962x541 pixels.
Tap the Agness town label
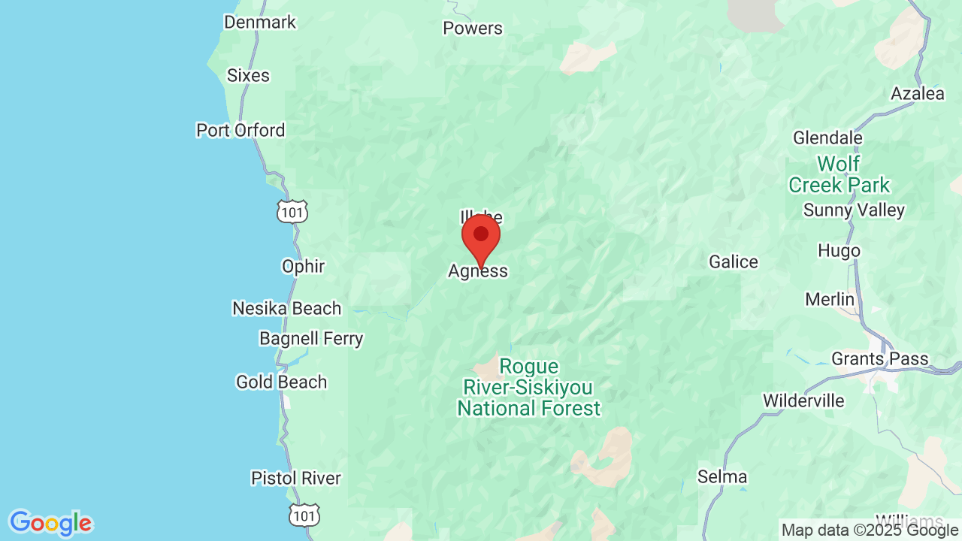tap(478, 271)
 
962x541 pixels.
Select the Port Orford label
tap(240, 130)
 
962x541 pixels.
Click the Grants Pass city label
tap(879, 358)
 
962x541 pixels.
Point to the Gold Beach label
tap(281, 382)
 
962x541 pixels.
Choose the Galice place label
tap(733, 261)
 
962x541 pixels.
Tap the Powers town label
tap(472, 28)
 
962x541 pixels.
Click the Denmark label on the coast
tap(260, 22)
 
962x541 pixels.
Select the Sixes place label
tap(248, 75)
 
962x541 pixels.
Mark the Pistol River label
tap(295, 478)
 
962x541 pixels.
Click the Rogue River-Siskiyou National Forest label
tap(529, 388)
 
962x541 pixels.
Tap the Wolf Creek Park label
tap(838, 174)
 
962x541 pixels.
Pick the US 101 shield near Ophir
tap(291, 212)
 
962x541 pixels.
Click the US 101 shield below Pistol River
tap(304, 515)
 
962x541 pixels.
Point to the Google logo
tap(50, 522)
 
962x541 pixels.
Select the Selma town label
tap(721, 476)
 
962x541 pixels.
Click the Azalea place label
tap(917, 94)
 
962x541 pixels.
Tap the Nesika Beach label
tap(286, 308)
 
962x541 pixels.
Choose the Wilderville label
tap(803, 400)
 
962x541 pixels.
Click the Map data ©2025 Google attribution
tap(870, 530)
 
